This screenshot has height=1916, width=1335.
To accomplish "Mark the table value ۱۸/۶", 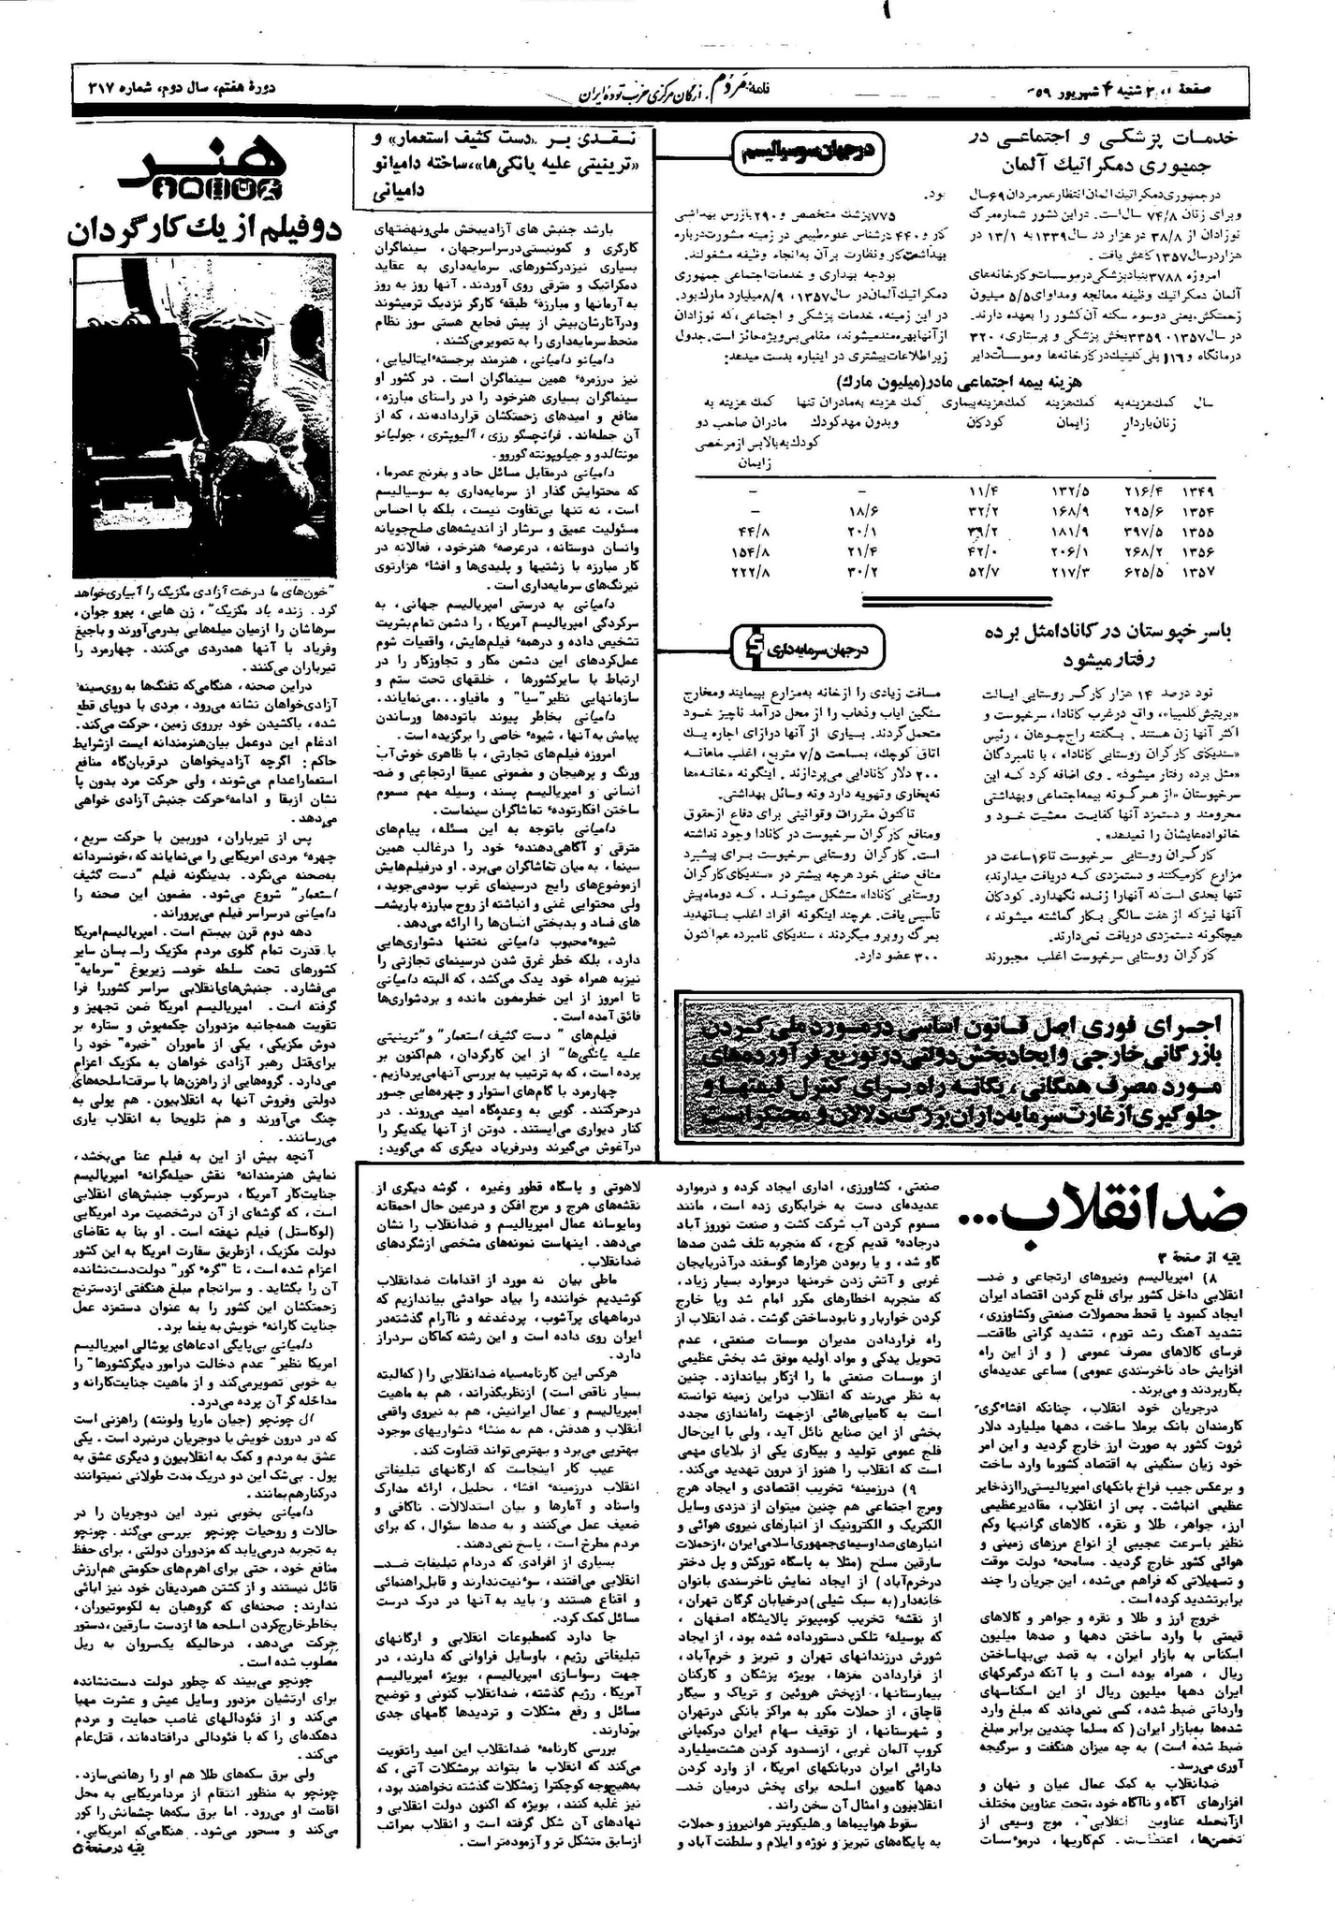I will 858,510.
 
